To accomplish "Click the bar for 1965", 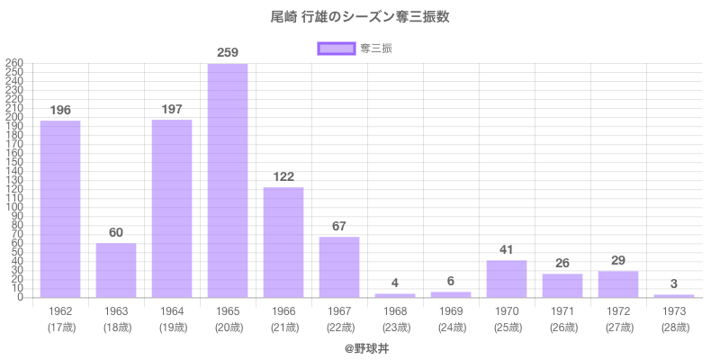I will point(228,180).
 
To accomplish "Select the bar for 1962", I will point(60,209).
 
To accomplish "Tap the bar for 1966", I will point(283,242).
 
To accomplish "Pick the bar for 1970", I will point(507,279).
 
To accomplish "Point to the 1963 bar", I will point(116,270).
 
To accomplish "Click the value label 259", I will point(228,53).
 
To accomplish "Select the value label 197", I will point(172,109).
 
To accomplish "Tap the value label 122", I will point(283,176).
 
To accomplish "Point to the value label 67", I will point(339,226).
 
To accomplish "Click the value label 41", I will point(507,249).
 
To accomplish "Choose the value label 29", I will point(618,260).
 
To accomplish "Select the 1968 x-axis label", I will point(395,310).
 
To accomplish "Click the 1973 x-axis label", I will point(674,310).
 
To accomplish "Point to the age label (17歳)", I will point(60,327).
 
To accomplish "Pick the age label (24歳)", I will point(451,327).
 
